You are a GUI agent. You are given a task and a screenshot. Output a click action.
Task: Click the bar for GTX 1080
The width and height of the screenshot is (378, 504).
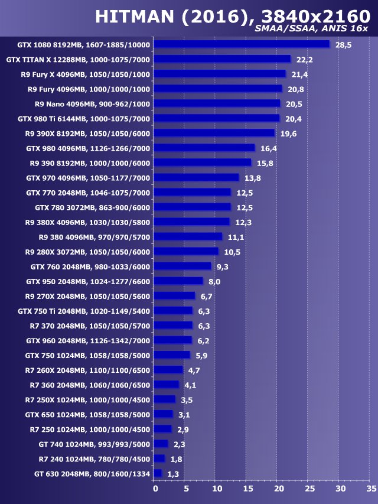click(x=242, y=44)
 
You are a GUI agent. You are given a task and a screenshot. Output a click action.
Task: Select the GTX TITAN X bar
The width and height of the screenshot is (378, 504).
click(x=222, y=59)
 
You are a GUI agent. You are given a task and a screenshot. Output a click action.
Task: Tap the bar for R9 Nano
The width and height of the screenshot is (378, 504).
click(x=217, y=103)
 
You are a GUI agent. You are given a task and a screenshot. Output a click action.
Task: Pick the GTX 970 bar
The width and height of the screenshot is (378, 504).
click(x=196, y=177)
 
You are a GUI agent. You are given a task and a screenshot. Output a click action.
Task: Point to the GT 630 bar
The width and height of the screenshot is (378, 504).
click(x=158, y=473)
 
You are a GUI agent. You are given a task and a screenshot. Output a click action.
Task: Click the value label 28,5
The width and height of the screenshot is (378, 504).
click(x=343, y=45)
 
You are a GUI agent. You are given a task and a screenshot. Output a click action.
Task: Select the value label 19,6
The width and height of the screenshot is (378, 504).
click(x=288, y=134)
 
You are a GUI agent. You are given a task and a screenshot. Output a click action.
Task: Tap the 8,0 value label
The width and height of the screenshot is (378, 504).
click(x=214, y=282)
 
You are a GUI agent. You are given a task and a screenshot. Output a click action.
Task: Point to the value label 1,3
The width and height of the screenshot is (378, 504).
click(x=173, y=474)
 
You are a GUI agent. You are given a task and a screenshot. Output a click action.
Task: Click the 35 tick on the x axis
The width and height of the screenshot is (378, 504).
click(x=371, y=489)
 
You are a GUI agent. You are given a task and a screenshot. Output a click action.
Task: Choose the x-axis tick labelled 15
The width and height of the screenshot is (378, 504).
click(x=247, y=489)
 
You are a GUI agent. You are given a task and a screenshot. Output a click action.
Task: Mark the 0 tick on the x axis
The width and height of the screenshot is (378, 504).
click(x=155, y=489)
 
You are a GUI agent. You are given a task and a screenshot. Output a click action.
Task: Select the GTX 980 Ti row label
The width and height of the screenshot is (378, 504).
click(x=84, y=118)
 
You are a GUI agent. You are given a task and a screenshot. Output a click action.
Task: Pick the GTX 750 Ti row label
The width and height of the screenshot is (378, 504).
click(x=84, y=311)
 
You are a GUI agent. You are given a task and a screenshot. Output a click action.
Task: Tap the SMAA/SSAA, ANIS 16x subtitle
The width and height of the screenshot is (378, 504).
click(x=311, y=28)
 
